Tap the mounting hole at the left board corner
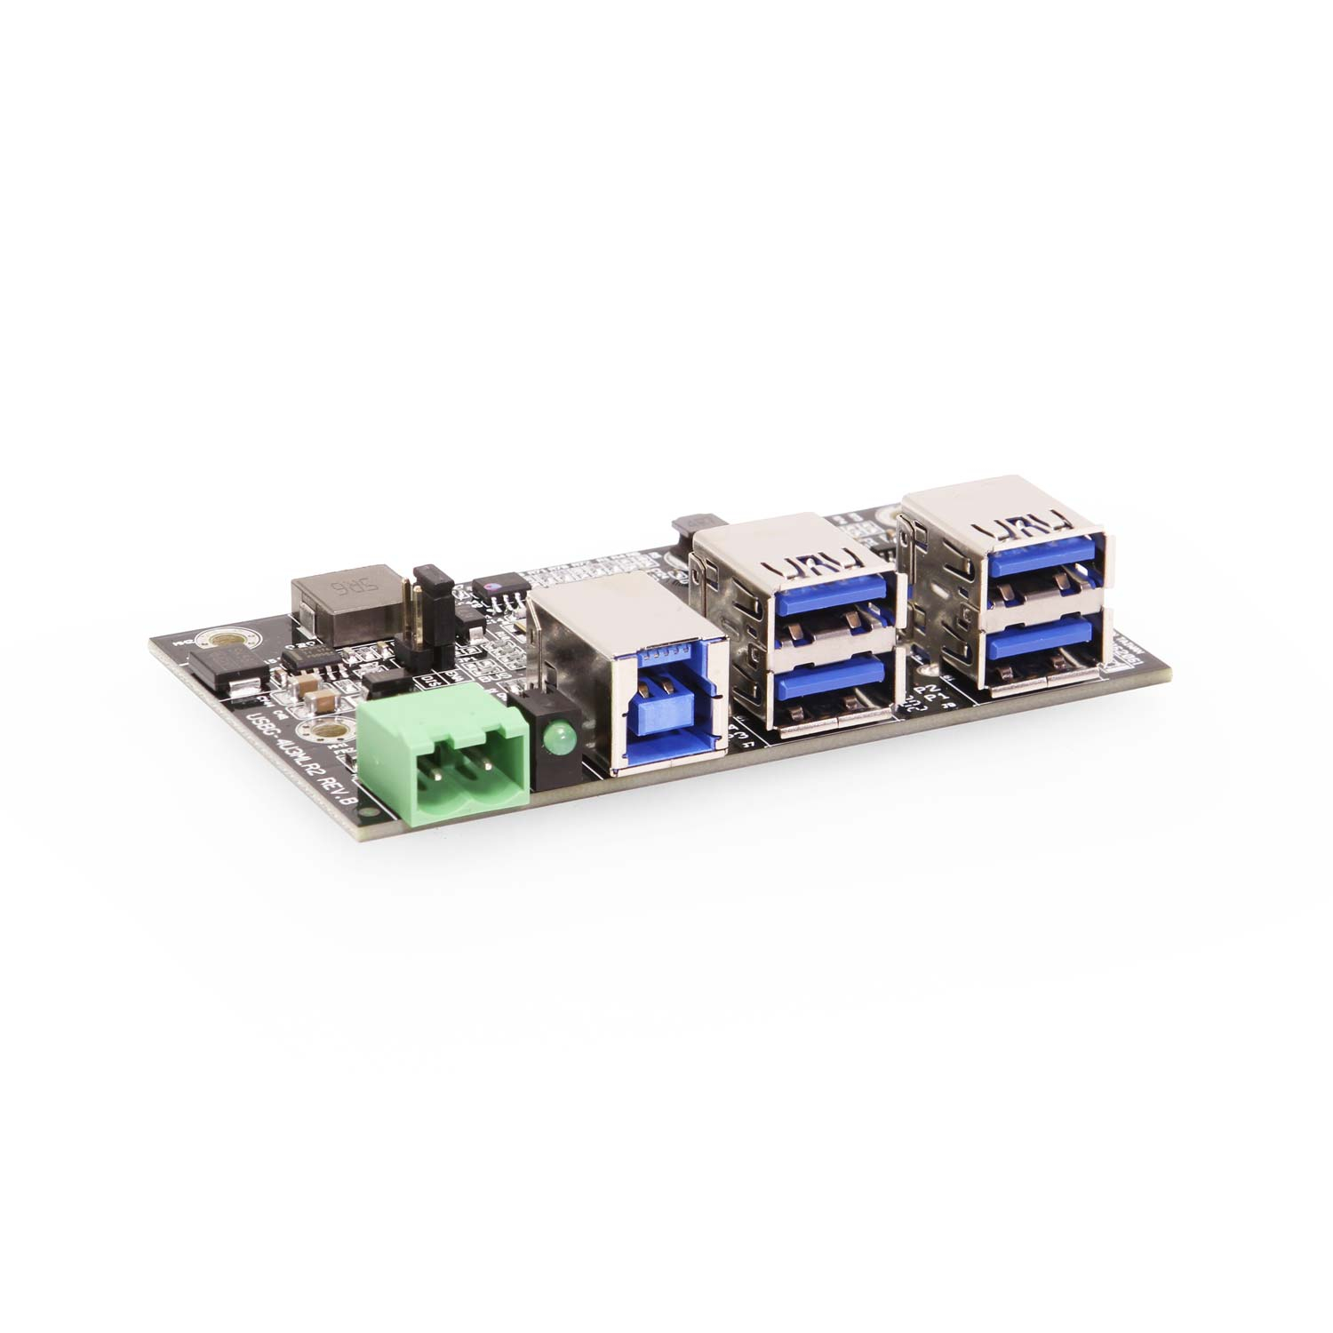212,639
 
